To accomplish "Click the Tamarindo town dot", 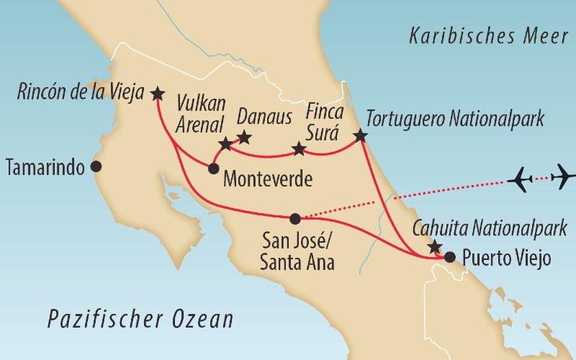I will coord(96,167).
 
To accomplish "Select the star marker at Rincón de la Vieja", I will coord(157,93).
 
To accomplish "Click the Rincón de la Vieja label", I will coord(78,93).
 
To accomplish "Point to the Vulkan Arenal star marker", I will coord(225,143).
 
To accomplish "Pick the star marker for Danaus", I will coord(244,137).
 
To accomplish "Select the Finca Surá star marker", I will coord(299,150).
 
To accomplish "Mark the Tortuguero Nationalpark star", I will coord(360,135).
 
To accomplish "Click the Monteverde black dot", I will coord(213,168).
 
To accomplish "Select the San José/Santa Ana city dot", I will coord(294,217).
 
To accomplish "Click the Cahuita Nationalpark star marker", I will coord(433,247).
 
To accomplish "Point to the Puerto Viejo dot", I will coord(449,256).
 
